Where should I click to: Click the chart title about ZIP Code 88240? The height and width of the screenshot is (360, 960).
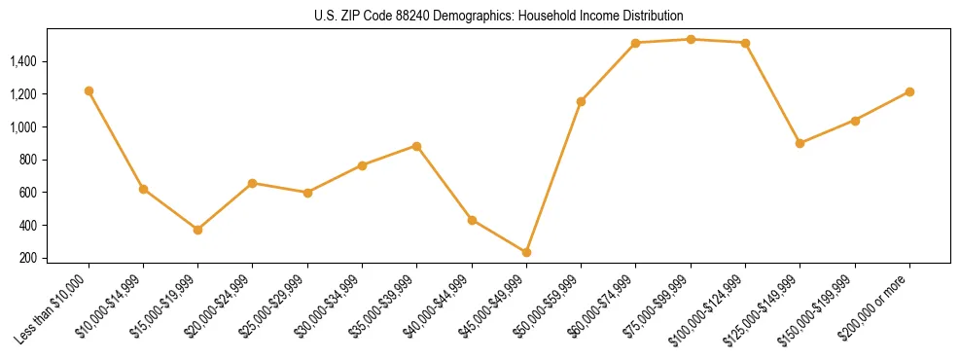tap(498, 16)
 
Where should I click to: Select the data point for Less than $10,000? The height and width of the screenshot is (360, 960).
tap(89, 90)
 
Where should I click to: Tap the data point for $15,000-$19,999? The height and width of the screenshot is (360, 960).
tap(197, 230)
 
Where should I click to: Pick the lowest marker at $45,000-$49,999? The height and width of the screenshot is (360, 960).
tap(526, 252)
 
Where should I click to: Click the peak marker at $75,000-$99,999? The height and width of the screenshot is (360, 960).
tap(691, 40)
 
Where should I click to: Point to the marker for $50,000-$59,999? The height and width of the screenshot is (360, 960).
tap(581, 101)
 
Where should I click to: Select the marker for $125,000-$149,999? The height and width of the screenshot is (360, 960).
tap(800, 143)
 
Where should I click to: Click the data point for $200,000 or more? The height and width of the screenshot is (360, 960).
tap(909, 91)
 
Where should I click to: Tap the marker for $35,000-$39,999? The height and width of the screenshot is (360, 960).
tap(416, 146)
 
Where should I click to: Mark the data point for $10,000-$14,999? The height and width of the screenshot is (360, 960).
tap(143, 189)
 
